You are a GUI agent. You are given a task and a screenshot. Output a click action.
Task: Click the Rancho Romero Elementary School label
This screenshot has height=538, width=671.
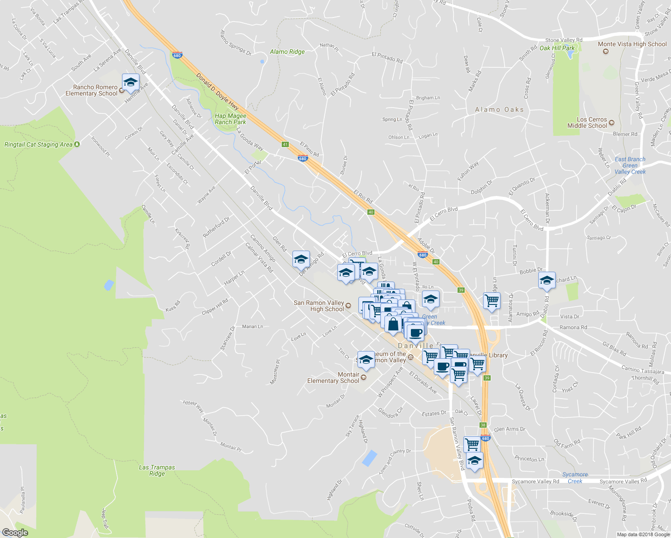point(91,90)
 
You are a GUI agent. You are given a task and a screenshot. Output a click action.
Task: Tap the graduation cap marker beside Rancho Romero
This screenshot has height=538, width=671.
point(131,82)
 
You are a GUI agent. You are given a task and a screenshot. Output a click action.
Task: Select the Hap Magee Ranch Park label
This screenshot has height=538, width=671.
point(230,119)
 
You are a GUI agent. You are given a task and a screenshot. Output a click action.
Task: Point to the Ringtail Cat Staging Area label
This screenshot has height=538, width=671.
point(39,144)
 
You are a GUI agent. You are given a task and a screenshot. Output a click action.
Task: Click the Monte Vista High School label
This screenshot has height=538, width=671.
point(632,44)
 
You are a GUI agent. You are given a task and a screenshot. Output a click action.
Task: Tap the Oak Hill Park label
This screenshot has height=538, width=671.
point(557,48)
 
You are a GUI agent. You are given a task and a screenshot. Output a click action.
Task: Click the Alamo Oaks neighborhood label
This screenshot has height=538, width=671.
point(499,109)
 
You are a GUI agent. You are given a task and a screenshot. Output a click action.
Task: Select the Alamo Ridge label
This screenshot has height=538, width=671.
point(287,52)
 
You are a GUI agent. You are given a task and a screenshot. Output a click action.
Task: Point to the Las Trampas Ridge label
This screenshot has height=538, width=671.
point(157,470)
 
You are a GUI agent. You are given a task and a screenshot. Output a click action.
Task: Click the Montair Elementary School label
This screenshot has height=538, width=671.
point(333,377)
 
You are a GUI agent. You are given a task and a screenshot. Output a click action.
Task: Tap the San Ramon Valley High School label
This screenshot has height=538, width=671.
point(319,306)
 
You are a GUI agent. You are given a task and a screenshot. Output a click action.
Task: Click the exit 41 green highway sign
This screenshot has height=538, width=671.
point(285,144)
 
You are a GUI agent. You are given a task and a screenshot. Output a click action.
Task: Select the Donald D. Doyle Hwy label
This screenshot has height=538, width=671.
point(218,91)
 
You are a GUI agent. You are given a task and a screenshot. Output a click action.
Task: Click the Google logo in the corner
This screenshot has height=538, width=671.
point(15,533)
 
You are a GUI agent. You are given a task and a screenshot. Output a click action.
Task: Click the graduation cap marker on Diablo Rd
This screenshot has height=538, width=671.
point(547,281)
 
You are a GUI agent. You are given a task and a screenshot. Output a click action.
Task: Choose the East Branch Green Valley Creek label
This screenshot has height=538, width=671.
point(630,165)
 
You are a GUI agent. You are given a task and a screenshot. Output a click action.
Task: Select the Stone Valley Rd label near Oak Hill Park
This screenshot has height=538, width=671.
point(563,40)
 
